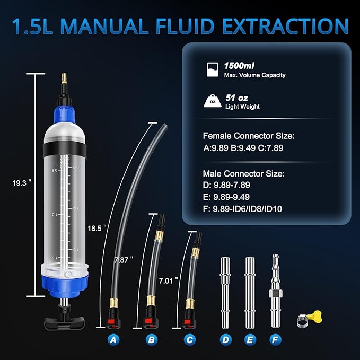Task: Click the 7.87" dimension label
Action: pyautogui.click(x=124, y=259)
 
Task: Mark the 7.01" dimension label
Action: pyautogui.click(x=168, y=278)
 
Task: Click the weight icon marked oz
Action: pyautogui.click(x=213, y=100)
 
